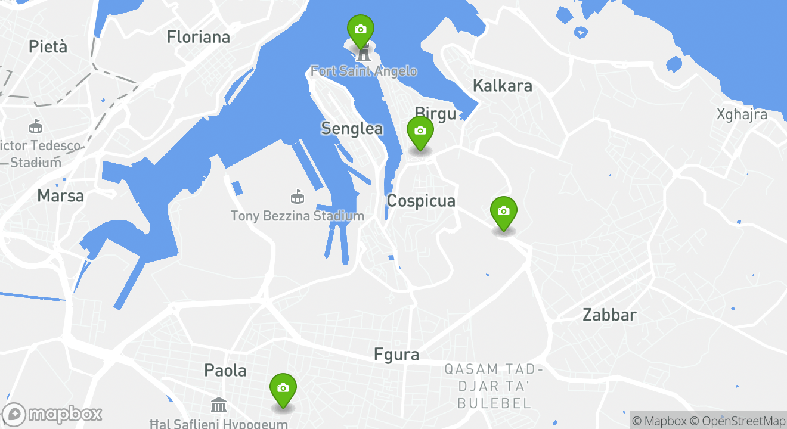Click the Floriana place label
198,37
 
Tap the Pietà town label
48,46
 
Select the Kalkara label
502,86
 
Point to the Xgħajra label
742,114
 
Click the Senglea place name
352,128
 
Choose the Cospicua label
421,201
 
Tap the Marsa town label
60,195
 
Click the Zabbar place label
609,315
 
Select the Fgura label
396,355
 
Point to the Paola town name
225,370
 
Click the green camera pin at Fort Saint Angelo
360,30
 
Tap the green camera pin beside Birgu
420,131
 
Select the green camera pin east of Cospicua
503,212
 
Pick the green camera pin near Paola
283,388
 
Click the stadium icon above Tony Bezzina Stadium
296,196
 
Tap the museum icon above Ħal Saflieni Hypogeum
219,405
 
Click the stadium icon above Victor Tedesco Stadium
36,126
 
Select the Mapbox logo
52,414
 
